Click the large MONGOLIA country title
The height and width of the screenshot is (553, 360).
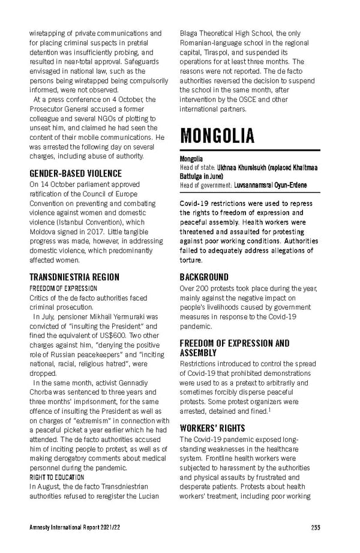click(217, 135)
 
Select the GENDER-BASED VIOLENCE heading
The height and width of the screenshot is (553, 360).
click(76, 174)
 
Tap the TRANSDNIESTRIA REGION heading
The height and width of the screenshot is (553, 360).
click(74, 277)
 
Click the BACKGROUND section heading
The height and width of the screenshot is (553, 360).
click(204, 277)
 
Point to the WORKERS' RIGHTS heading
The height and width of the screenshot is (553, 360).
click(212, 429)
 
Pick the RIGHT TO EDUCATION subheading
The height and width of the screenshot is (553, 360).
click(57, 477)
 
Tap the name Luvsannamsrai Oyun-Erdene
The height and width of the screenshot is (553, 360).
click(270, 186)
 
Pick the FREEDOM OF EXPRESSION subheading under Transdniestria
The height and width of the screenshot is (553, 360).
click(64, 288)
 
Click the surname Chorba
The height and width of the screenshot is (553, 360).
click(41, 391)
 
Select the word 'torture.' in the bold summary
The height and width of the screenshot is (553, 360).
click(191, 261)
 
